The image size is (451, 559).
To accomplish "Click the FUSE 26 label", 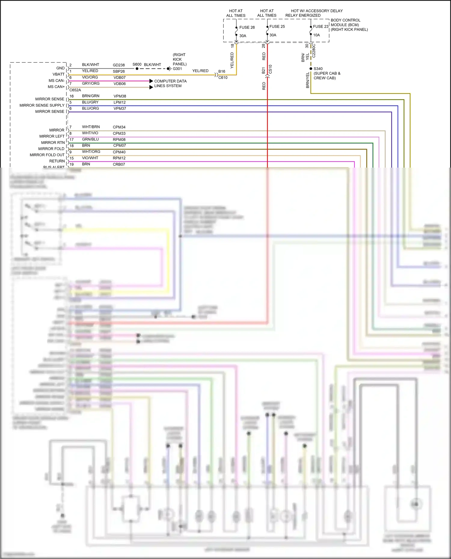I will [x=247, y=27].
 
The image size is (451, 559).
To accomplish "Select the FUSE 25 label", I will [x=277, y=26].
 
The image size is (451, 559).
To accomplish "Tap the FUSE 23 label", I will [x=321, y=26].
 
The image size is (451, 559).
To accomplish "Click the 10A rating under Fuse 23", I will [x=316, y=35].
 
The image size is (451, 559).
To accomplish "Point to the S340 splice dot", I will [x=311, y=69].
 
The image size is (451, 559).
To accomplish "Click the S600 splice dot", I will [x=137, y=68].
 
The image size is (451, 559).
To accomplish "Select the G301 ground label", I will [x=177, y=69].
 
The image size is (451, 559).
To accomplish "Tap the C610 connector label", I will [x=223, y=77].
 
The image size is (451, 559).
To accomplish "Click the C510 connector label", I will [x=270, y=69].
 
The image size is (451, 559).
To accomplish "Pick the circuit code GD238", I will [x=119, y=65].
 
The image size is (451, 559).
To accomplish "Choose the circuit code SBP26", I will [x=119, y=71].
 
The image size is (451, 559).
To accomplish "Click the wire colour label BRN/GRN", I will [x=91, y=96].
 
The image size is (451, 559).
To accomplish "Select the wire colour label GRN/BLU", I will [x=90, y=139].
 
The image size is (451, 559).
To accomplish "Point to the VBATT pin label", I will [x=58, y=74].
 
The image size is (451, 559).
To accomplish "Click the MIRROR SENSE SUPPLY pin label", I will [x=42, y=105].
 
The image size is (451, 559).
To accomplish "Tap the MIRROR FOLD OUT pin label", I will [x=47, y=155].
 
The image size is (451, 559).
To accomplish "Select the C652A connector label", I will [x=75, y=90].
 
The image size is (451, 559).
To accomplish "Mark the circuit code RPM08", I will [x=119, y=140].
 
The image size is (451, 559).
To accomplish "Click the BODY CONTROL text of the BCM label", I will [x=345, y=20].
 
